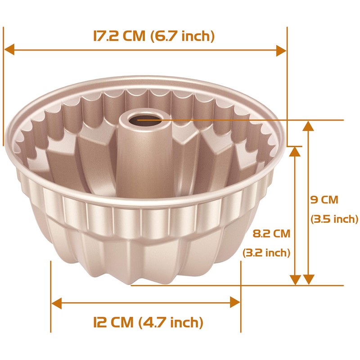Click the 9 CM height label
(x=324, y=199)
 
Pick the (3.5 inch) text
(x=334, y=220)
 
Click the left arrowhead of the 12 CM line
(x=57, y=302)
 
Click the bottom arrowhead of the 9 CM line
(x=308, y=279)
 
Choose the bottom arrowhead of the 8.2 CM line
(x=295, y=279)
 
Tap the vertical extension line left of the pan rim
(x=4, y=90)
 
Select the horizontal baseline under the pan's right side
(x=270, y=285)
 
